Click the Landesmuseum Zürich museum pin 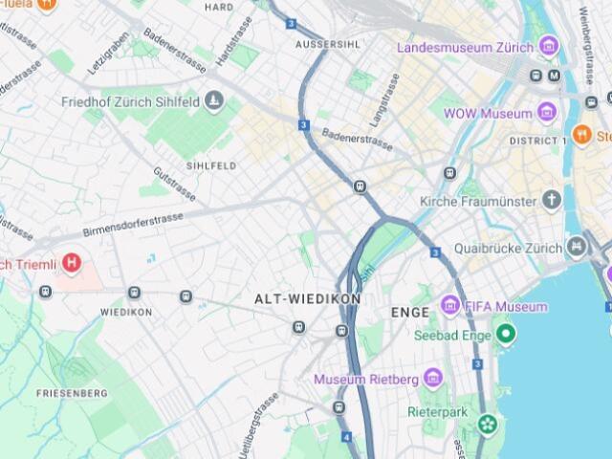click(x=548, y=46)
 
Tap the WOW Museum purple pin click(x=546, y=114)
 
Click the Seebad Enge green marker click(x=506, y=335)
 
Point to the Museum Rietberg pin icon click(x=432, y=379)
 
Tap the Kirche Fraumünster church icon click(x=552, y=201)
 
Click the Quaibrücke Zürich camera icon click(x=577, y=248)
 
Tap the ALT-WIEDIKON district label click(x=307, y=299)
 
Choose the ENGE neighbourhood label click(x=410, y=313)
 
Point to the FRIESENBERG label click(x=71, y=393)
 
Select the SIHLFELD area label click(x=211, y=165)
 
